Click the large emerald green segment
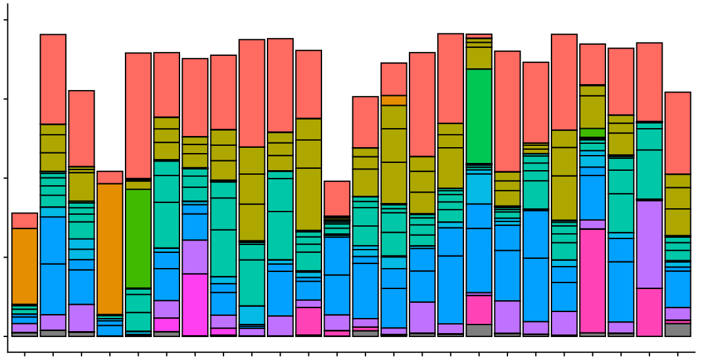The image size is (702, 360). (x=479, y=116)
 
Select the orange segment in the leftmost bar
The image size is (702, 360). (x=25, y=266)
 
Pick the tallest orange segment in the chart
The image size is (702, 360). (x=110, y=249)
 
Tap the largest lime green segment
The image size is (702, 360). (x=138, y=238)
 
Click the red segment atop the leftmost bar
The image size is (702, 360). (x=25, y=221)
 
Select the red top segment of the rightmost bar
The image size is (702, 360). (x=678, y=133)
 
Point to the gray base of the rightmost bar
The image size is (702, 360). (x=678, y=330)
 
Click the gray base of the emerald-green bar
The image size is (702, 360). (x=479, y=330)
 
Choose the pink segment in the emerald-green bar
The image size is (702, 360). (x=479, y=309)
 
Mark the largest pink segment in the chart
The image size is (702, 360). (x=592, y=281)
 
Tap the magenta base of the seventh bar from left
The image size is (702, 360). (x=195, y=304)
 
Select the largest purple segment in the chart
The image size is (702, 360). (x=649, y=244)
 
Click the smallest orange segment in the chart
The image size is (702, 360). (x=394, y=101)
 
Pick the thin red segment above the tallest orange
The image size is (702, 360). (x=110, y=177)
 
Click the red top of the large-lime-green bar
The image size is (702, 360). (x=138, y=116)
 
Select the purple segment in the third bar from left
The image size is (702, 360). (x=82, y=318)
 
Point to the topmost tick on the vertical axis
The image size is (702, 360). (x=5, y=20)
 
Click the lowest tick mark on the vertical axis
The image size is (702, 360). (x=5, y=336)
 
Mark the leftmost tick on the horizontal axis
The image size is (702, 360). (x=25, y=354)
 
